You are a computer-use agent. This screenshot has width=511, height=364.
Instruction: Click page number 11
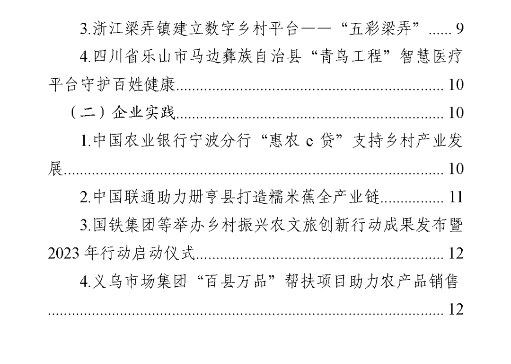[x=455, y=198]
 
